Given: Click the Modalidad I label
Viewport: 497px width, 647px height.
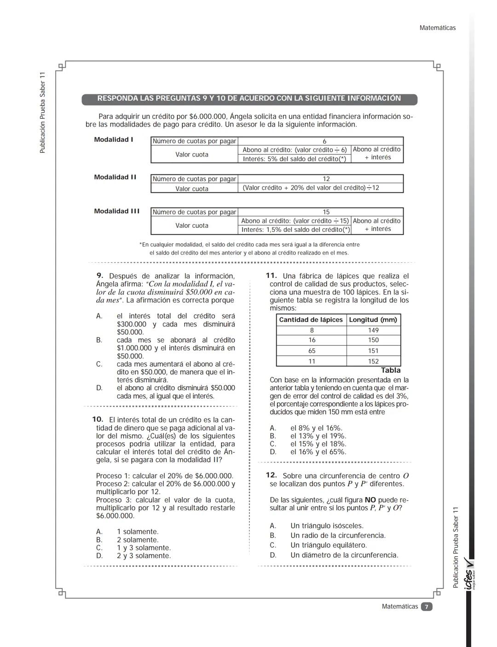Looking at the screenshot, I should [114, 139].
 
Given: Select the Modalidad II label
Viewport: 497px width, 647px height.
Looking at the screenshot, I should [115, 177].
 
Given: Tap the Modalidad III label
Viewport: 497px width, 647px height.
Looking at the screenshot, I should [117, 211].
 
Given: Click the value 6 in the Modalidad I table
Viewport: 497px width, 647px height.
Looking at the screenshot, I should [324, 141].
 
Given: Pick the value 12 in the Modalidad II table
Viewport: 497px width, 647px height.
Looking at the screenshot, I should [326, 179].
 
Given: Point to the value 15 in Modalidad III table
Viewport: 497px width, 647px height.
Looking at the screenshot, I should [326, 212].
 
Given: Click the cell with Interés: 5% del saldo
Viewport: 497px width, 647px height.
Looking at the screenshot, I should [294, 159].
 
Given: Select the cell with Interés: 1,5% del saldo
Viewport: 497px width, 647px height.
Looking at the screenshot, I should [295, 230].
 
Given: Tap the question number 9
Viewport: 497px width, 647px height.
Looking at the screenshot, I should [99, 276].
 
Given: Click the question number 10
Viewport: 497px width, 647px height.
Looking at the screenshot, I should [97, 420].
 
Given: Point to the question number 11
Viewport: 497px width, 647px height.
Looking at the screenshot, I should [271, 276].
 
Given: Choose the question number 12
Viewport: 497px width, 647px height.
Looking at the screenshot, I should [271, 475].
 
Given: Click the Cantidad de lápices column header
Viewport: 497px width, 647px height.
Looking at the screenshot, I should [311, 320].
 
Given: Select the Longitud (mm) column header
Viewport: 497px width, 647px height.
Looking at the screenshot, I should [373, 320].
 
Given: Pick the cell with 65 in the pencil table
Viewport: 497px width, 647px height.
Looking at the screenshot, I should [312, 351].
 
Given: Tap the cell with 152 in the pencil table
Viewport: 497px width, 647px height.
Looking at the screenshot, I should [373, 361].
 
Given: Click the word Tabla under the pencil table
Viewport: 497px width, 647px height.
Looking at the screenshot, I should [391, 370].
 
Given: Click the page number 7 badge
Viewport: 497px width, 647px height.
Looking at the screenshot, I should [427, 607].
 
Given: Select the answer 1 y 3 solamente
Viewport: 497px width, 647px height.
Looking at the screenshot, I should [144, 548].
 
